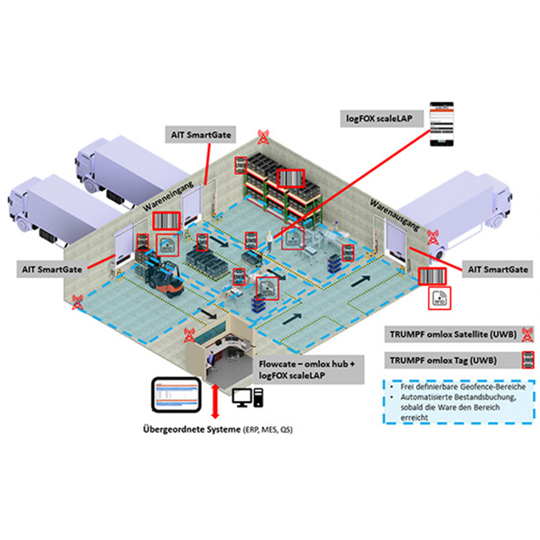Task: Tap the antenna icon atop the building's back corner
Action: tap(263, 135)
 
